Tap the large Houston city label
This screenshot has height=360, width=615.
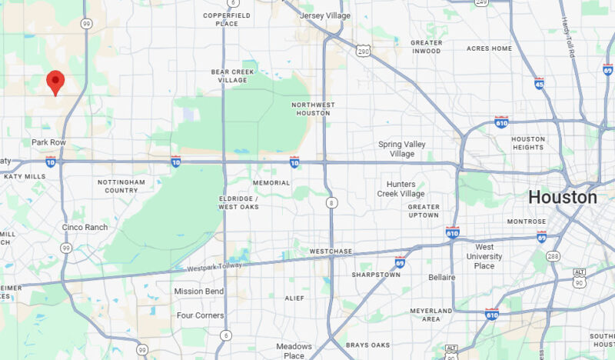pyautogui.click(x=562, y=197)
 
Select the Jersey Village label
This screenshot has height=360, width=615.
pyautogui.click(x=324, y=15)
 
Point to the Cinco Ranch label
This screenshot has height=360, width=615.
pyautogui.click(x=85, y=227)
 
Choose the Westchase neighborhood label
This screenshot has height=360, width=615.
pyautogui.click(x=330, y=252)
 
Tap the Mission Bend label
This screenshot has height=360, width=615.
pyautogui.click(x=198, y=292)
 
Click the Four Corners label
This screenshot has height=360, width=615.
pyautogui.click(x=200, y=315)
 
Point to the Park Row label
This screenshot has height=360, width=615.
pyautogui.click(x=49, y=142)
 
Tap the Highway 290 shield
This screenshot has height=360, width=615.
pyautogui.click(x=363, y=51)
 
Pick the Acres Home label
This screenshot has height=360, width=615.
pyautogui.click(x=489, y=48)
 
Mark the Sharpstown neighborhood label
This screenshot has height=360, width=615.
pyautogui.click(x=372, y=274)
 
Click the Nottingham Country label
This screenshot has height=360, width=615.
pyautogui.click(x=121, y=186)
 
